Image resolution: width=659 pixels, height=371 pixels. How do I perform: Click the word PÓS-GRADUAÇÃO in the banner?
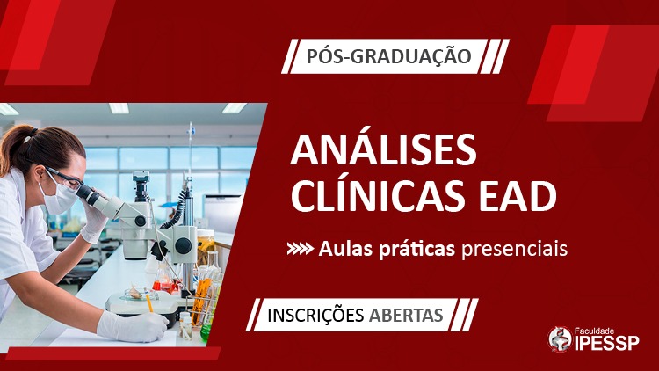[388, 56]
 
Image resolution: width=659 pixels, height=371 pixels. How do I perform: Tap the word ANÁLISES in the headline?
[384, 149]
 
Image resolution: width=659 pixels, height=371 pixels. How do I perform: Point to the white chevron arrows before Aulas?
[301, 249]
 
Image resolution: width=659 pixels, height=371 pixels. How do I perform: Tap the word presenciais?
[514, 249]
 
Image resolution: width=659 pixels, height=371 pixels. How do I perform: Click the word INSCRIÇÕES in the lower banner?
[315, 315]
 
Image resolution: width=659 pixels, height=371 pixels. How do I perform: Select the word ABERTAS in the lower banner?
[406, 315]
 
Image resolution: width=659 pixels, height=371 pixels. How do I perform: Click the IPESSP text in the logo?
[606, 343]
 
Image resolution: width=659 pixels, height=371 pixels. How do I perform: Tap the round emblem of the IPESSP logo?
[561, 338]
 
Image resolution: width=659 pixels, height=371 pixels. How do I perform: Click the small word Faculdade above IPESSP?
[594, 331]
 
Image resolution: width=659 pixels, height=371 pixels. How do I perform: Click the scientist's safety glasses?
[68, 178]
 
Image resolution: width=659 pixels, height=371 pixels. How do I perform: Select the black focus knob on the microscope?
[184, 245]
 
